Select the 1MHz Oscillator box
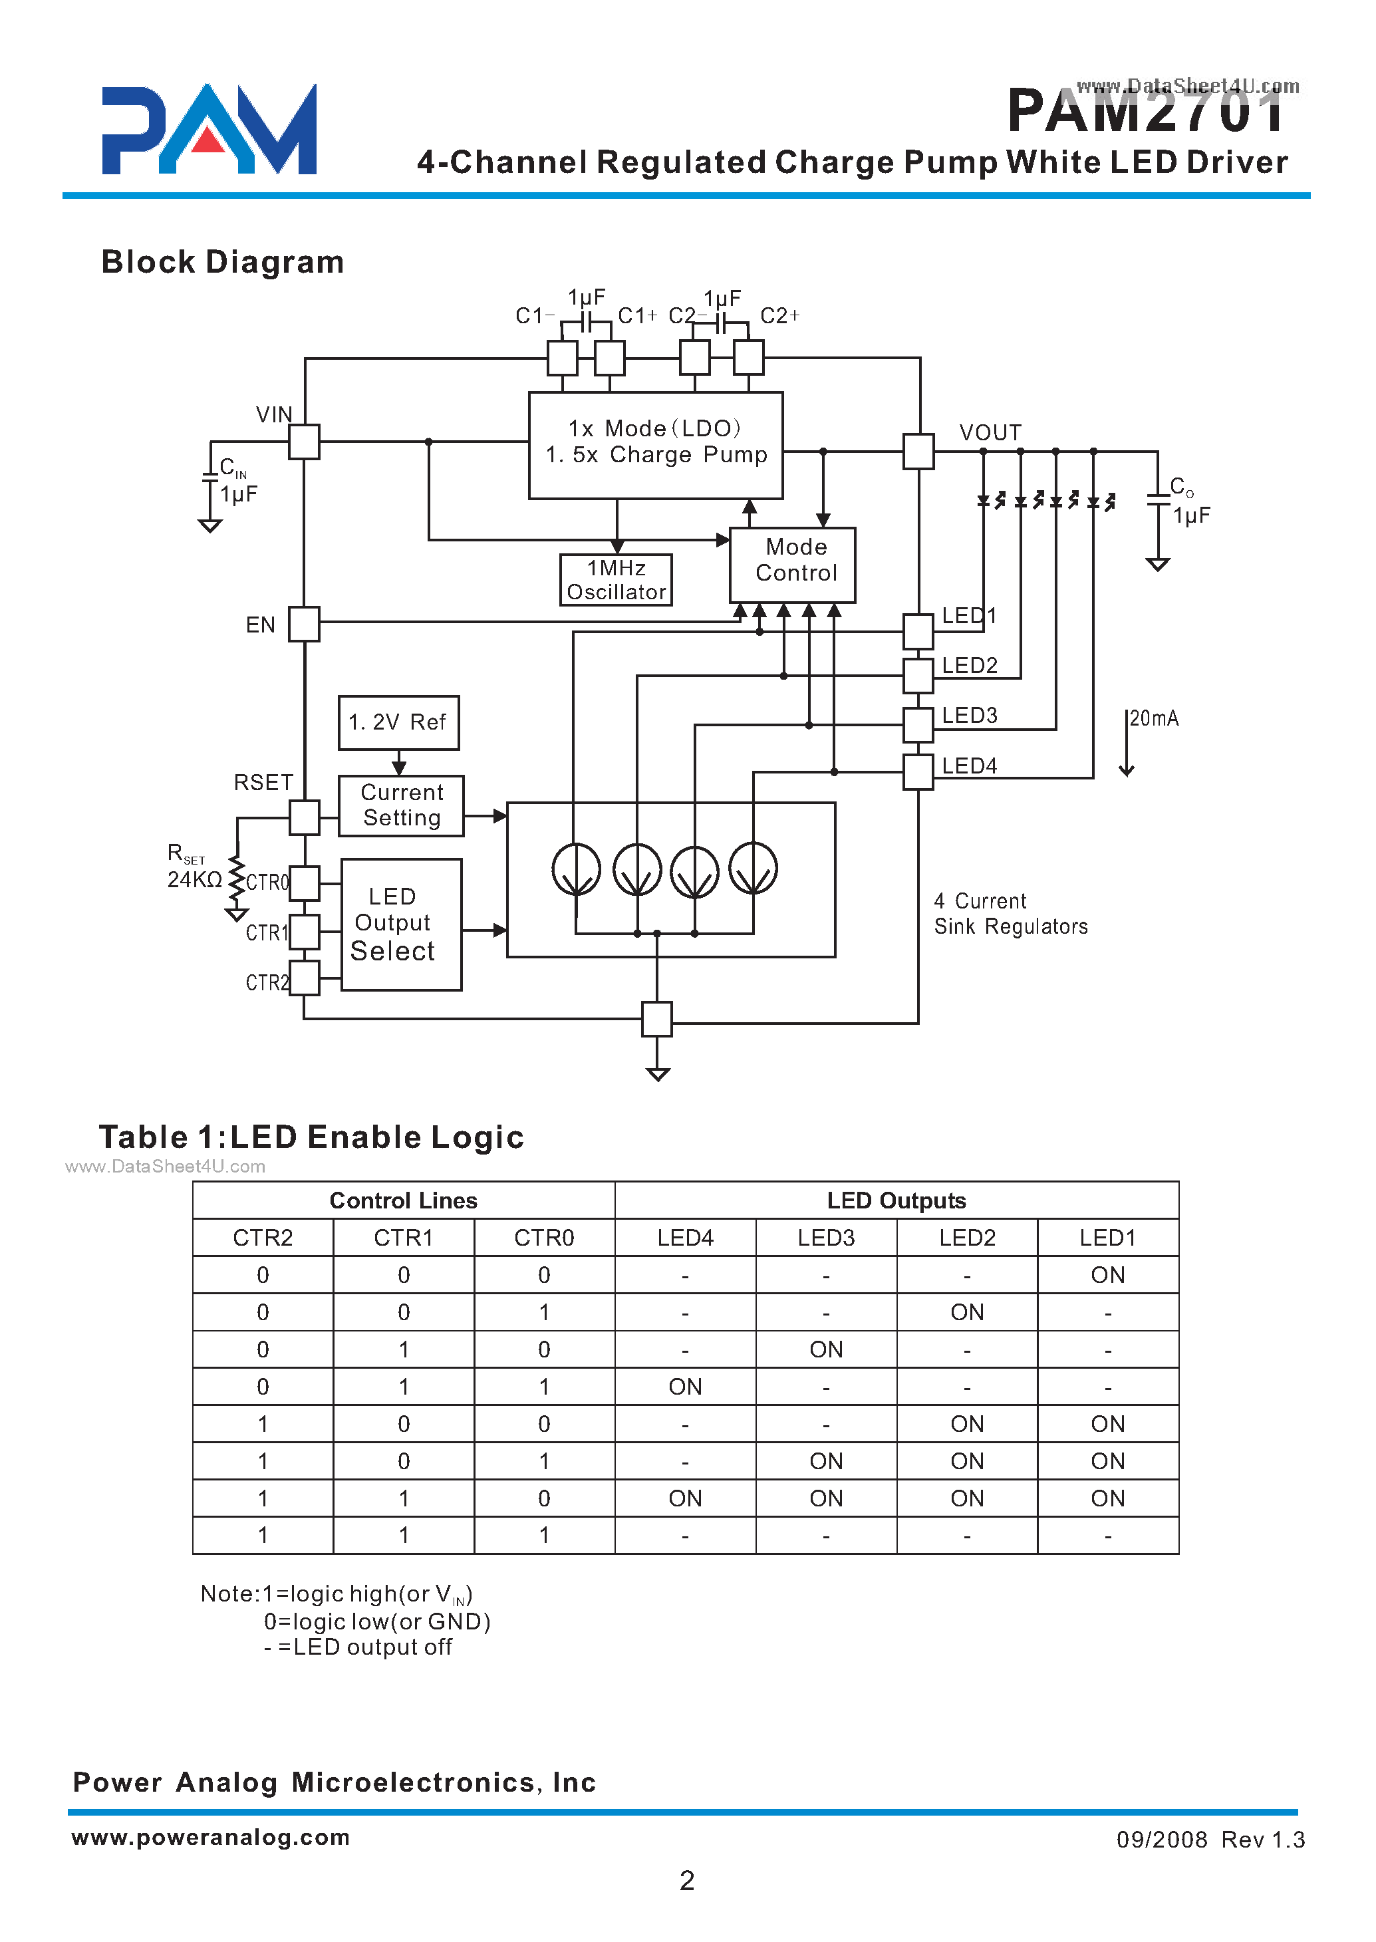tap(616, 581)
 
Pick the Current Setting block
tap(401, 806)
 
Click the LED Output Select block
tap(401, 924)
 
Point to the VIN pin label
tap(274, 414)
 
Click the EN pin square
tap(303, 624)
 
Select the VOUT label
tap(990, 433)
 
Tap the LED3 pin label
tap(969, 716)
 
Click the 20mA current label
tap(1154, 718)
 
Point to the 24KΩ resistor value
tap(194, 879)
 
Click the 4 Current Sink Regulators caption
tap(1010, 913)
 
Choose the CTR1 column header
tap(403, 1238)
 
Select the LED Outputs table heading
tap(896, 1200)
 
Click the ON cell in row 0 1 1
tap(684, 1387)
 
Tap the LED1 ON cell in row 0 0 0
tap(1107, 1275)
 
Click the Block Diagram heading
tap(222, 263)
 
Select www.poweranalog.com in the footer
tap(210, 1837)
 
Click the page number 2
tap(686, 1881)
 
